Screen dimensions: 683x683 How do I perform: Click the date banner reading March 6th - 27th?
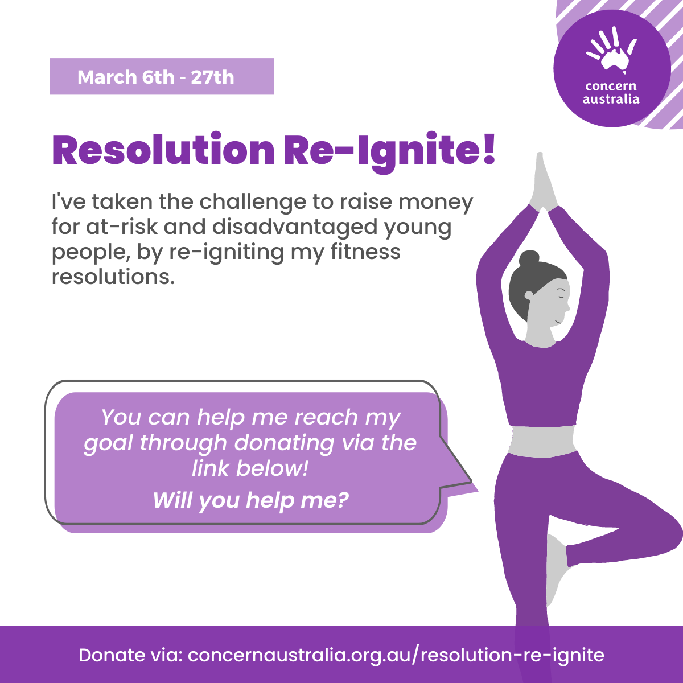click(x=162, y=77)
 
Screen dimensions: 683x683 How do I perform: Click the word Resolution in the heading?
click(x=163, y=149)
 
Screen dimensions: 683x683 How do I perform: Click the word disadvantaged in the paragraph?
click(x=294, y=227)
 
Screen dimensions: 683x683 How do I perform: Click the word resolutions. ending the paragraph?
click(x=113, y=277)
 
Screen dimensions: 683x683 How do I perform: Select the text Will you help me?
click(x=250, y=500)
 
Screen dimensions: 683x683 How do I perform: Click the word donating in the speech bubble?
click(x=284, y=443)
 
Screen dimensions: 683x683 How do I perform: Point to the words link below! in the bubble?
click(x=250, y=468)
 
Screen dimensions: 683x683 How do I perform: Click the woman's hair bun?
click(x=529, y=259)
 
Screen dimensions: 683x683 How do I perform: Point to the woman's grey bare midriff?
click(x=542, y=441)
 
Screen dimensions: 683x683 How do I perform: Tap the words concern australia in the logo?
click(x=611, y=92)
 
